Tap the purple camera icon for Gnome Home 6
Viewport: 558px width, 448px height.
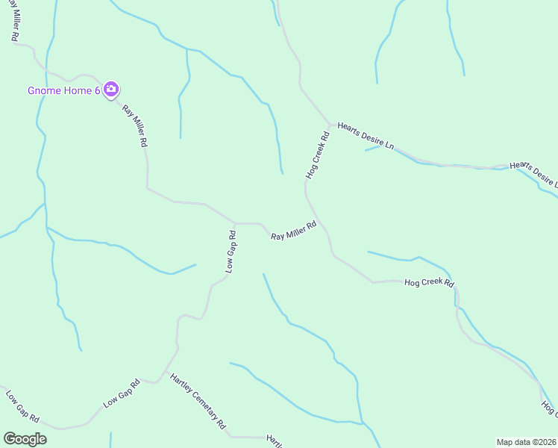pos(110,90)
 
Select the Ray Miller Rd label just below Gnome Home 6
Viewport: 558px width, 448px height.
pos(135,126)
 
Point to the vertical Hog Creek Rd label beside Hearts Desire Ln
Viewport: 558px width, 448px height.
pos(318,155)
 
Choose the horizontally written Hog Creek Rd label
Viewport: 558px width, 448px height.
pos(429,283)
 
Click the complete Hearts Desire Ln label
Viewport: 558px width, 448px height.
pos(366,137)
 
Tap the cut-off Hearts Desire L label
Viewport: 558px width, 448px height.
pos(533,173)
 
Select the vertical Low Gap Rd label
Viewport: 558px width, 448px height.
pos(231,252)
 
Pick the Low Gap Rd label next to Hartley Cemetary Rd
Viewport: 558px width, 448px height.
pos(122,394)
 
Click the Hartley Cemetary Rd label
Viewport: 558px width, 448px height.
pos(198,402)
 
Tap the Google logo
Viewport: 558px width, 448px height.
pos(25,439)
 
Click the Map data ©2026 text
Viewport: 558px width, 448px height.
pos(526,441)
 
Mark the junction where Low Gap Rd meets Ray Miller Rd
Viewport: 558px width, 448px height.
pos(235,223)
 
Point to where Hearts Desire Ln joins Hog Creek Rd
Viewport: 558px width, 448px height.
pos(330,125)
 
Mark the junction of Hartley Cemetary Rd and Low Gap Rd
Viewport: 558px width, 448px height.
pos(159,382)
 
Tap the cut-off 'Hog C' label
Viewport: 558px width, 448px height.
pos(549,409)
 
